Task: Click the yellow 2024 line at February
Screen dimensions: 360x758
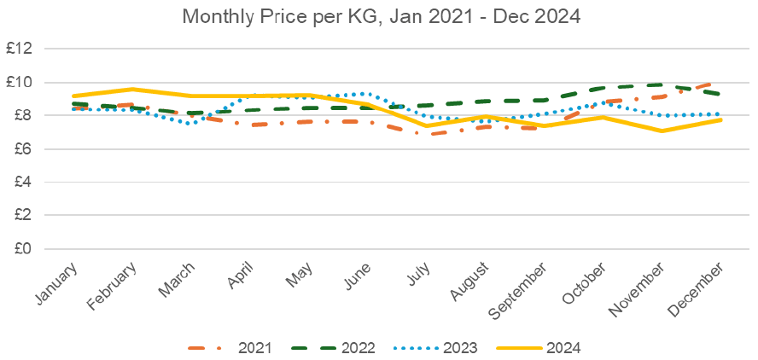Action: pos(132,90)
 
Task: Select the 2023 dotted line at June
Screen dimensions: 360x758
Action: pos(368,94)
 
